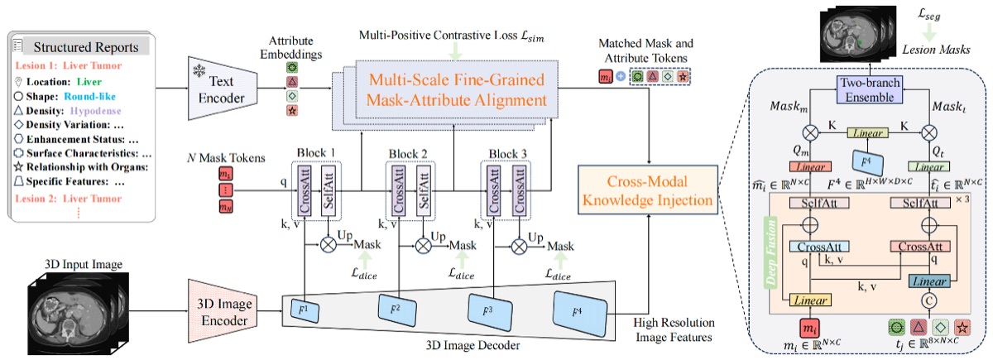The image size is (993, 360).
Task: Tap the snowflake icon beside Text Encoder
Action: [199, 65]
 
